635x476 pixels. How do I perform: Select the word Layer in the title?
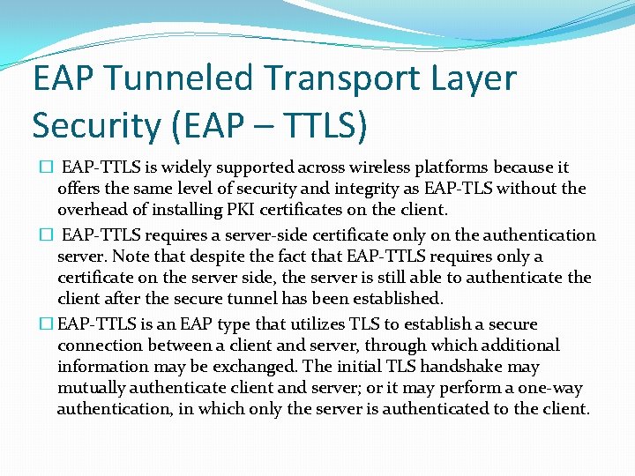(x=473, y=79)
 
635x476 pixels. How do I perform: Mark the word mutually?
(x=95, y=388)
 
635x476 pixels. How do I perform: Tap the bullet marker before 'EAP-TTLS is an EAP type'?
(x=46, y=324)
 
